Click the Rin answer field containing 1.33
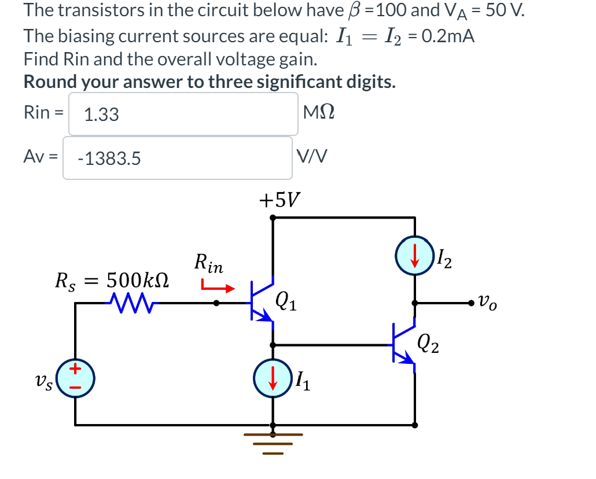click(183, 114)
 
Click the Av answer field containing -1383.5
click(177, 158)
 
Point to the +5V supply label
click(279, 201)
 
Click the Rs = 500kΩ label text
click(112, 282)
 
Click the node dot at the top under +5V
click(273, 218)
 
